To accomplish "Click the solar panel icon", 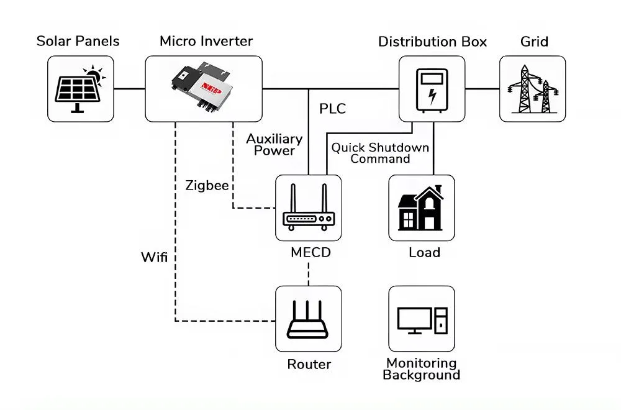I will tap(80, 89).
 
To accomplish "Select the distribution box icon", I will tap(432, 89).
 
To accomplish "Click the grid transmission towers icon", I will tap(533, 89).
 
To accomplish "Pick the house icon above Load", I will tap(421, 208).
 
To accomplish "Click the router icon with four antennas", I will tap(309, 319).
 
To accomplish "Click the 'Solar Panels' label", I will tap(78, 42).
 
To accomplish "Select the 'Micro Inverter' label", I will tap(206, 42).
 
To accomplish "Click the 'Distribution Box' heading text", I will tap(432, 42).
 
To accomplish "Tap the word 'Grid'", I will tap(534, 42).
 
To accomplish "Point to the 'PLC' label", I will tap(332, 109).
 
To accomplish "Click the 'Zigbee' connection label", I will tap(206, 185).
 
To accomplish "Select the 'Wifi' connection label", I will tap(154, 257).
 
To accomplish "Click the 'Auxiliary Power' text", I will tap(274, 144).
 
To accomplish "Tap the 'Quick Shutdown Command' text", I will tap(380, 153).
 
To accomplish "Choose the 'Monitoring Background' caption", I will tap(421, 369).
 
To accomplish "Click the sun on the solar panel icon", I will tap(94, 76).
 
